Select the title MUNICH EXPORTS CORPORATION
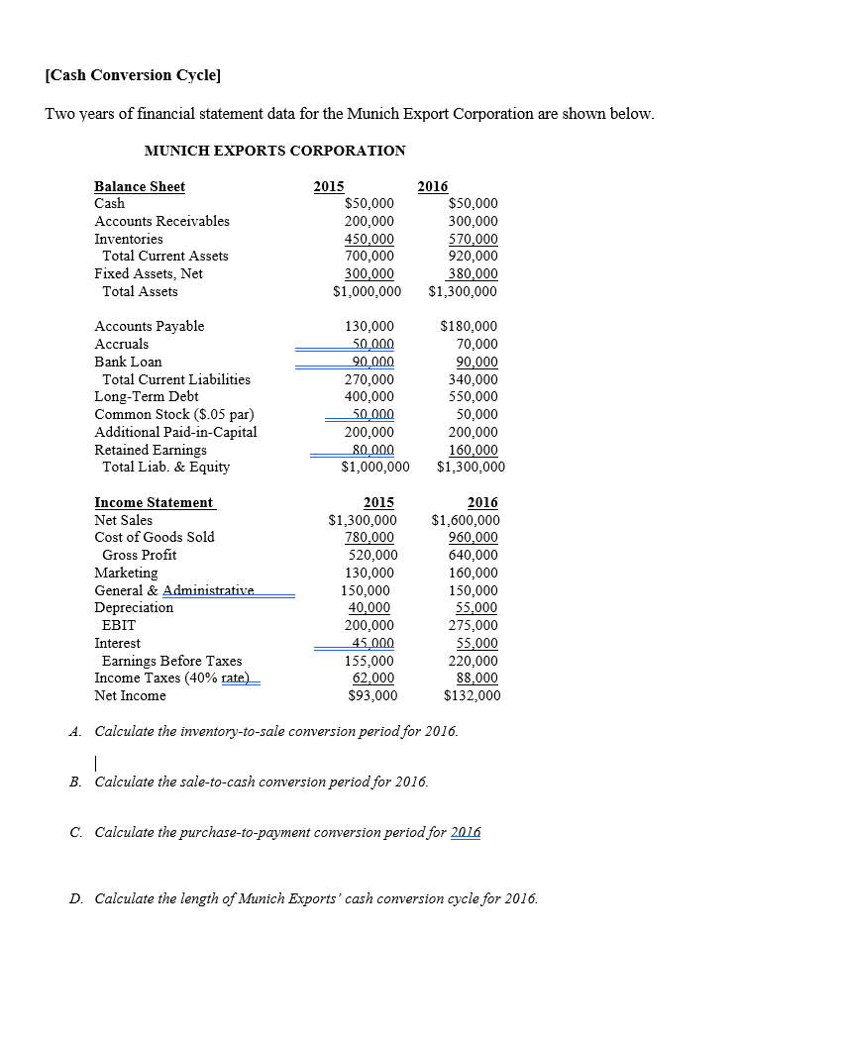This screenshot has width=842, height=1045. (274, 151)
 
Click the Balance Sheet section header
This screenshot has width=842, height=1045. (140, 186)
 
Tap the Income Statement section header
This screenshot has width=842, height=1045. (154, 502)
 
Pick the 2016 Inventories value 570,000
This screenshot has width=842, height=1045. (473, 239)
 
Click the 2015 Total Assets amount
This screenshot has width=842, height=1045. (367, 291)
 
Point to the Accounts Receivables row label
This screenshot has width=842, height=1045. (161, 221)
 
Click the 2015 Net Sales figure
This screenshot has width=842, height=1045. (363, 520)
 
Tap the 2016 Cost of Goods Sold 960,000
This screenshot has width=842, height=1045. (473, 537)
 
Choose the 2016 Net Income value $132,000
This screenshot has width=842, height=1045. (472, 695)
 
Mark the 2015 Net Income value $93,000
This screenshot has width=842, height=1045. (372, 695)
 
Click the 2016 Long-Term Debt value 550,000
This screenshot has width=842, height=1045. (473, 396)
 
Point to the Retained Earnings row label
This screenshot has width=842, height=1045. (151, 450)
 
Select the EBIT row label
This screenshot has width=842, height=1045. (119, 625)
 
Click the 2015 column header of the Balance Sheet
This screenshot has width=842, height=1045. (329, 186)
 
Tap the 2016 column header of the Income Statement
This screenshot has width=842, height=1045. (482, 502)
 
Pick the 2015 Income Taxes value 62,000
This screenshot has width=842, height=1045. (373, 678)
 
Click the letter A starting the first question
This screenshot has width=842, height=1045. (75, 731)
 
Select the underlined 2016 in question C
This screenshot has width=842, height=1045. (466, 832)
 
